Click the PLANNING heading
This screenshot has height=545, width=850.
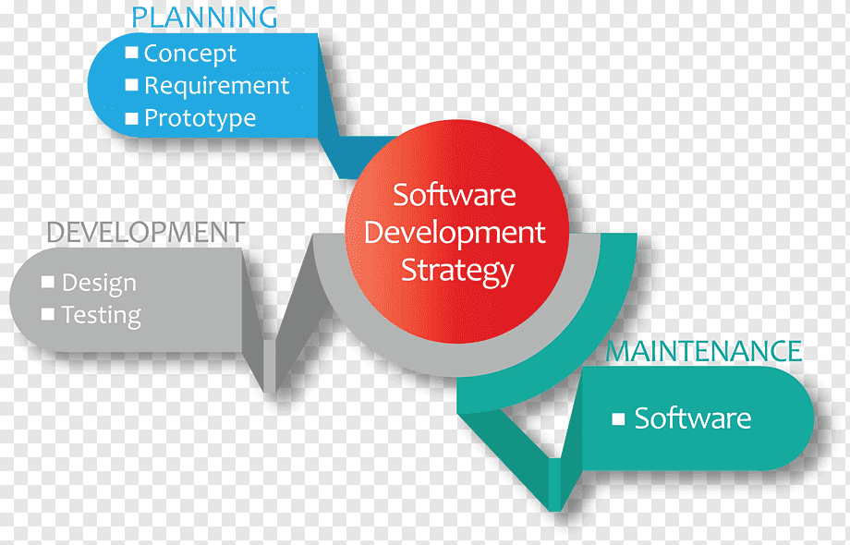(x=204, y=18)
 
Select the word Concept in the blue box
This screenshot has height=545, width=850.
(x=189, y=54)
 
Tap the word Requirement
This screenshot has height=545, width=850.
(x=217, y=86)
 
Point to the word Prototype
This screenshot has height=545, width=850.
(x=200, y=118)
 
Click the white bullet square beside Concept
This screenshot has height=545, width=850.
(x=131, y=53)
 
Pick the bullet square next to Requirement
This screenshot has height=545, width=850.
(x=131, y=85)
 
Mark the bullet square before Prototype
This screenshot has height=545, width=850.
(x=131, y=118)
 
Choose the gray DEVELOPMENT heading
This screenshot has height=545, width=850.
(x=145, y=233)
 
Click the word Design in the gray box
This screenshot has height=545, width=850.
(x=99, y=284)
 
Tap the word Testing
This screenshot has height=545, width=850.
(x=102, y=315)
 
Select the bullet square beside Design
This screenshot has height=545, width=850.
(x=48, y=282)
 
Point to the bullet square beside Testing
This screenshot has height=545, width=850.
(x=48, y=314)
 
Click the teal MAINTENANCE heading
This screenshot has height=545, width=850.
(x=704, y=351)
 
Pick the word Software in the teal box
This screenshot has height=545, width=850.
(x=693, y=418)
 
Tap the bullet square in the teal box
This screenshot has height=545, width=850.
(x=618, y=418)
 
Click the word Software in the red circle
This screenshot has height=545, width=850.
(x=455, y=195)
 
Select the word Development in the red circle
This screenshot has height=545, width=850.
(x=455, y=234)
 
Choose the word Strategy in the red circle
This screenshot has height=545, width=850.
(x=457, y=271)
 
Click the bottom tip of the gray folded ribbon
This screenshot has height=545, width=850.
(x=270, y=393)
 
